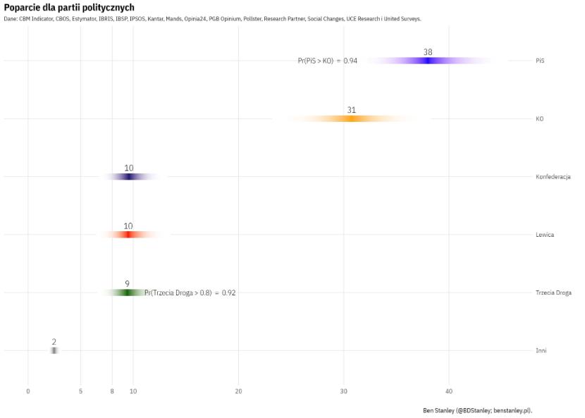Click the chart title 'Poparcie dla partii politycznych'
(x=69, y=7)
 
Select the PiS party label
(x=540, y=61)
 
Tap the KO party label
(x=539, y=119)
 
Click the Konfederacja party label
(x=553, y=177)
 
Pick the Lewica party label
(x=544, y=235)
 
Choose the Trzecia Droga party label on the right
(x=553, y=293)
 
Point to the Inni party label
(x=541, y=350)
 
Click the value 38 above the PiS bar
(x=428, y=52)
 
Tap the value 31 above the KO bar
(x=352, y=110)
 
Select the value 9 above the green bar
(x=127, y=283)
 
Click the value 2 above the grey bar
(x=54, y=342)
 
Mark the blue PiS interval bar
(x=428, y=61)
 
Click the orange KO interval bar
(x=351, y=118)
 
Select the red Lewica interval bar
(x=128, y=234)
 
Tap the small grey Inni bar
(x=54, y=350)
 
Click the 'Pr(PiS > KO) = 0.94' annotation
(x=327, y=61)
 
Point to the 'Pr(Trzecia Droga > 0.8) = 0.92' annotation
(x=190, y=293)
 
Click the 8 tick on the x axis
(x=111, y=391)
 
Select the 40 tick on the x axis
(x=448, y=391)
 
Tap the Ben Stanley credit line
(x=477, y=410)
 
